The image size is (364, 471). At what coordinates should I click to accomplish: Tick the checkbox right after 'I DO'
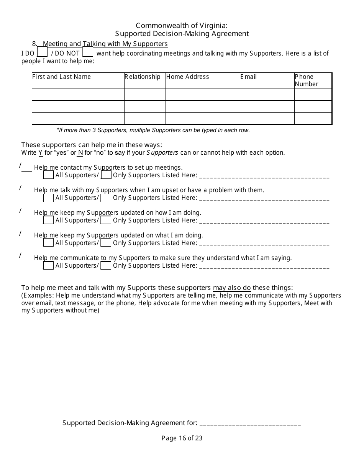click(43, 52)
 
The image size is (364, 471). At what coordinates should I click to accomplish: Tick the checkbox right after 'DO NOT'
click(88, 52)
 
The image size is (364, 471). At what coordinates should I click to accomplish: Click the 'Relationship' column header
click(143, 77)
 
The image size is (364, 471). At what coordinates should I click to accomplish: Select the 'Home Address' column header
click(188, 77)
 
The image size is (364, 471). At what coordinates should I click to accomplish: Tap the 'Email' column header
click(249, 77)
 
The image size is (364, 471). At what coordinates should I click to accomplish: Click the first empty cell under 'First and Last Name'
click(78, 94)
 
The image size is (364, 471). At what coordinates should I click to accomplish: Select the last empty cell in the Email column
click(267, 118)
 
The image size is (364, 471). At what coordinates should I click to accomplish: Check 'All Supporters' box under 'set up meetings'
click(49, 175)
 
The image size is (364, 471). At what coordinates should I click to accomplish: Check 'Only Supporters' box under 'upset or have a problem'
click(106, 198)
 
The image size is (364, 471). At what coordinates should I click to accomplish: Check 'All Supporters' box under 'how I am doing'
click(49, 220)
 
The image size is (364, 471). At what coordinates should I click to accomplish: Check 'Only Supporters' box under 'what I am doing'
click(106, 243)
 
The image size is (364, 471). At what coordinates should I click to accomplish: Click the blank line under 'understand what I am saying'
click(264, 267)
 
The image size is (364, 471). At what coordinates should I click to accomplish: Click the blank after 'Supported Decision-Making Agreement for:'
click(250, 424)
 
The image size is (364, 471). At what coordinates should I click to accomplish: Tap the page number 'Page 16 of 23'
click(182, 438)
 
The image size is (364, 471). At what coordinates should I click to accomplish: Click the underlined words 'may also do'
click(232, 288)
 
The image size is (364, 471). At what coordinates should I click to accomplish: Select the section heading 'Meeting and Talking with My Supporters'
click(105, 44)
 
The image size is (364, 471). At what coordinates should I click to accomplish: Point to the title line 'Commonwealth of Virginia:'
click(182, 26)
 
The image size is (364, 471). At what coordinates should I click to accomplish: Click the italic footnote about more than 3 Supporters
click(153, 130)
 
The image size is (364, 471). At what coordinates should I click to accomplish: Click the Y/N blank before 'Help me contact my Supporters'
click(26, 168)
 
